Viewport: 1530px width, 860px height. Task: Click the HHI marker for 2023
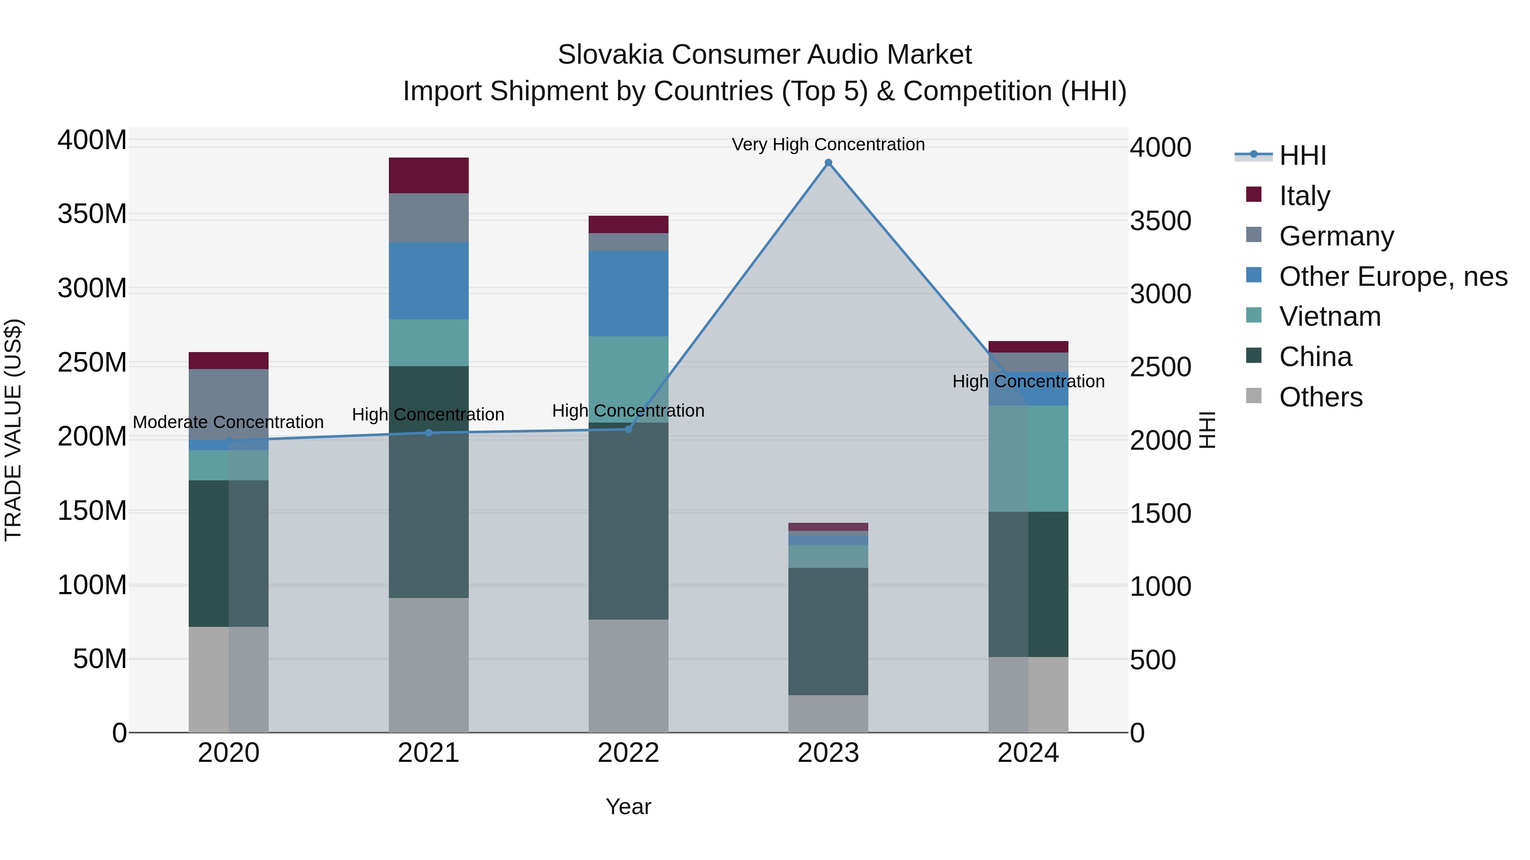828,163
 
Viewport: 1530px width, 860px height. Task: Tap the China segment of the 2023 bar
828,631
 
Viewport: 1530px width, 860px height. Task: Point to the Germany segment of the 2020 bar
229,403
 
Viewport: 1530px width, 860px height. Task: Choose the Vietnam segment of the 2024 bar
1028,458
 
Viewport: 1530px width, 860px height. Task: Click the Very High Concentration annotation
828,144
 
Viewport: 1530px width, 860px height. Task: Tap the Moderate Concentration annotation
228,422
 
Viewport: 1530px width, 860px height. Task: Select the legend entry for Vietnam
1329,316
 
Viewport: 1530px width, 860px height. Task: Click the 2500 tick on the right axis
1160,367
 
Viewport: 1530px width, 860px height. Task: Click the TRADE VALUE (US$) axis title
13,430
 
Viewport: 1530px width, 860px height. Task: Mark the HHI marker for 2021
428,433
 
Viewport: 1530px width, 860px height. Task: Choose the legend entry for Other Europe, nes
1392,276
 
